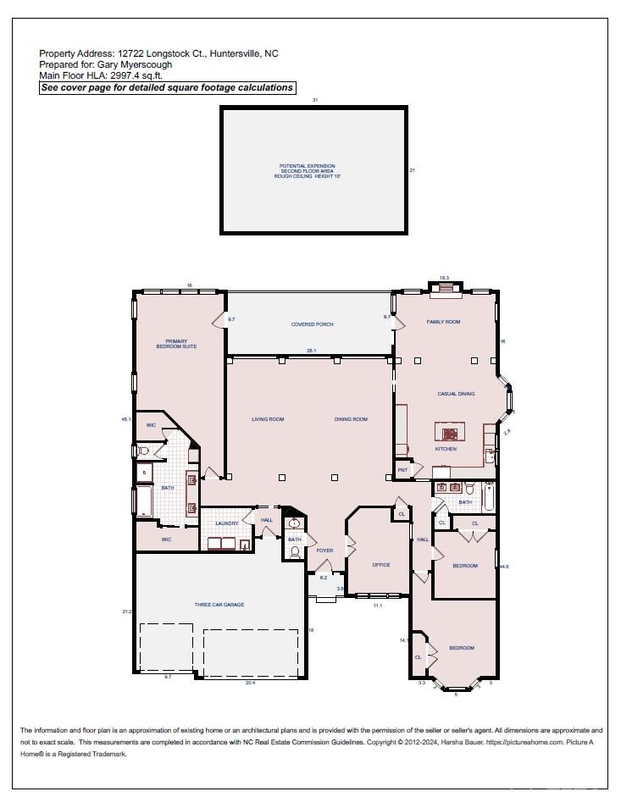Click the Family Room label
point(443,322)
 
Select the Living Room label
point(268,419)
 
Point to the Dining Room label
point(351,419)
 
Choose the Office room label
point(381,565)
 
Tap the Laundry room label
point(226,523)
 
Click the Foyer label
point(324,551)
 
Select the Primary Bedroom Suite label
point(176,344)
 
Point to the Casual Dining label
point(456,394)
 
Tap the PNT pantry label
point(403,470)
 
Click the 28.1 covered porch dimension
point(312,351)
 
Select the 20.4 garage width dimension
point(250,683)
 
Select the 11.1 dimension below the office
point(378,606)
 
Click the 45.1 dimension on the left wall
point(126,418)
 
